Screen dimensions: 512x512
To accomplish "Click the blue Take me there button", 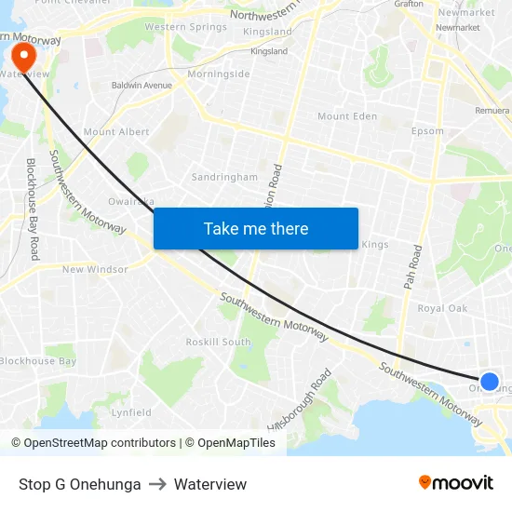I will [255, 228].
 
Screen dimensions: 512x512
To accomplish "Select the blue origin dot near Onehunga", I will [489, 381].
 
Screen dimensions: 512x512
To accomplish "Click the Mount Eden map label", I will [347, 116].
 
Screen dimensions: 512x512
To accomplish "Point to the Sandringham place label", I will [224, 177].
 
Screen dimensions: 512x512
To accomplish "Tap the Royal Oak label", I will [442, 308].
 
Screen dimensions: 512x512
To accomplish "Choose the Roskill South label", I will [218, 342].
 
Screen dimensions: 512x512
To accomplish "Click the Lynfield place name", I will [131, 412].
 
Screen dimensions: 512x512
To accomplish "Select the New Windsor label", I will [95, 270].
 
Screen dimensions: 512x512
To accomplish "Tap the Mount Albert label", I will [116, 132].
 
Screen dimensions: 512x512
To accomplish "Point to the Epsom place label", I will [427, 131].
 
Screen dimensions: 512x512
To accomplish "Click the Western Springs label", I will [185, 27].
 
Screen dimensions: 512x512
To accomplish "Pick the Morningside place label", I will [218, 74].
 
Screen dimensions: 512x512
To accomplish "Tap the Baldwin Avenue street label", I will [141, 86].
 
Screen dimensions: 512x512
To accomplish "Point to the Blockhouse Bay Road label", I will [34, 209].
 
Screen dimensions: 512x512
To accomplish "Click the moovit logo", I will [456, 483].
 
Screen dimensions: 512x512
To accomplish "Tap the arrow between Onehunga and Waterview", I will [157, 484].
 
